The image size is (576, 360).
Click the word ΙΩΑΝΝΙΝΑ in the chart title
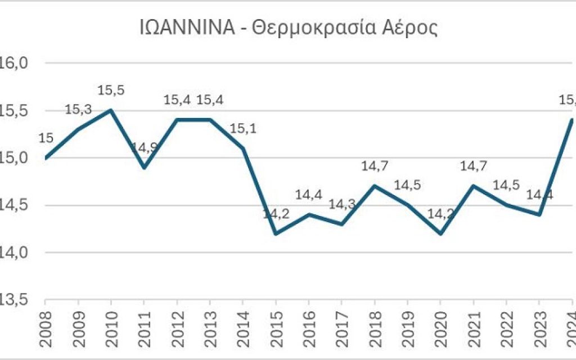pos(187,29)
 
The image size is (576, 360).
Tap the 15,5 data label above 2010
pos(111,90)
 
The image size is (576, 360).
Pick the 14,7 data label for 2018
pos(375,166)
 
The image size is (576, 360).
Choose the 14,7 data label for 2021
pos(474,166)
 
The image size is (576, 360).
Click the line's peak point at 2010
pos(111,110)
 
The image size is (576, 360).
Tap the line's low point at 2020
pos(440,233)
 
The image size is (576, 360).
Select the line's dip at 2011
pos(144,167)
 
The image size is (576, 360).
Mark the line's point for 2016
pos(309,214)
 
